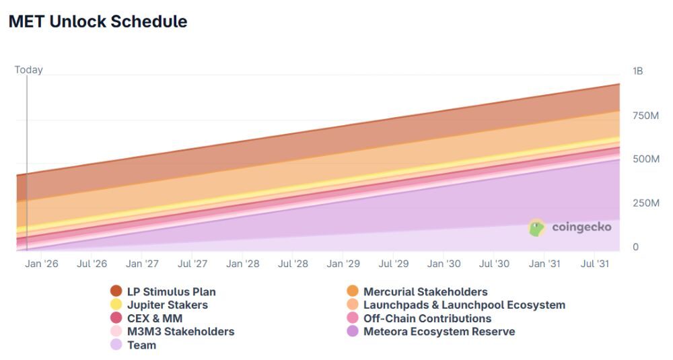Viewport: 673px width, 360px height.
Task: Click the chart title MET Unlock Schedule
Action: tap(98, 22)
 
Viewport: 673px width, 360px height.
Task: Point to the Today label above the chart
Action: tap(28, 70)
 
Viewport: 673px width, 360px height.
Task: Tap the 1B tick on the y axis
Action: tap(637, 71)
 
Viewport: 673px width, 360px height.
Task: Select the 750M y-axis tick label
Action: tap(645, 116)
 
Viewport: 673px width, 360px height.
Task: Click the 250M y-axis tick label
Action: tap(645, 203)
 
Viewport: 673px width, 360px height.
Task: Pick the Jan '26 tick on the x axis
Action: tap(42, 264)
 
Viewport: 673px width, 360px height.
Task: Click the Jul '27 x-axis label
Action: tap(192, 264)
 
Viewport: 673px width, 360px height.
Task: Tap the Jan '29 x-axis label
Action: tap(343, 264)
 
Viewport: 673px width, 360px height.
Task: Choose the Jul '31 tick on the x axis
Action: tap(594, 264)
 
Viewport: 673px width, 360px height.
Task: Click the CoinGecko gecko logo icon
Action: tap(537, 227)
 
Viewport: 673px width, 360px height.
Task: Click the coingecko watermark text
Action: tap(581, 227)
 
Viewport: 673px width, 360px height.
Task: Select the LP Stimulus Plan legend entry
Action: tap(171, 291)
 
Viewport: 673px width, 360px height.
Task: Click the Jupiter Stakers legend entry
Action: tap(167, 305)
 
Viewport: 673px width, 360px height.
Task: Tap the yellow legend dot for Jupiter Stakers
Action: tap(116, 305)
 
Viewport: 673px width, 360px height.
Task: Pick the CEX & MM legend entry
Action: tap(154, 318)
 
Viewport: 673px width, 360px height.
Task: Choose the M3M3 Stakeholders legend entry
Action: tap(180, 332)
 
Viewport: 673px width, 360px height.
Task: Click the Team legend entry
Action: tap(141, 345)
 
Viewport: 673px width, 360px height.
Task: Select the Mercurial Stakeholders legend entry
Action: tap(425, 291)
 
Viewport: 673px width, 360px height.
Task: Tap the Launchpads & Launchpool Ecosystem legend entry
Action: tap(464, 305)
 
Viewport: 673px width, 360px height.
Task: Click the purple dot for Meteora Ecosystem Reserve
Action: tap(352, 332)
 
